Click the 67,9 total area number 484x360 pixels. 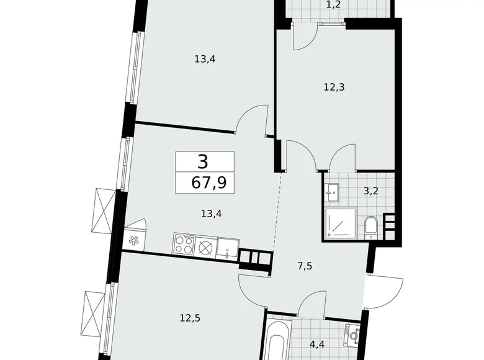tap(204, 183)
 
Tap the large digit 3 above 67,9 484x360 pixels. tap(204, 163)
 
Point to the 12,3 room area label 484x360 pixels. tap(334, 87)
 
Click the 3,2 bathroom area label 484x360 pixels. tap(370, 191)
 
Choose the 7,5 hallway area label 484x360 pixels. tap(305, 266)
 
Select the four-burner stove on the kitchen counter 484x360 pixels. tap(184, 245)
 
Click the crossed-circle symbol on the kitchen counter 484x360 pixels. tap(205, 245)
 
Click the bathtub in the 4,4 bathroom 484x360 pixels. tap(276, 340)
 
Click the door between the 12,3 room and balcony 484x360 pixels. tap(305, 38)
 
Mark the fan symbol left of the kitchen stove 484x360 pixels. tap(133, 238)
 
